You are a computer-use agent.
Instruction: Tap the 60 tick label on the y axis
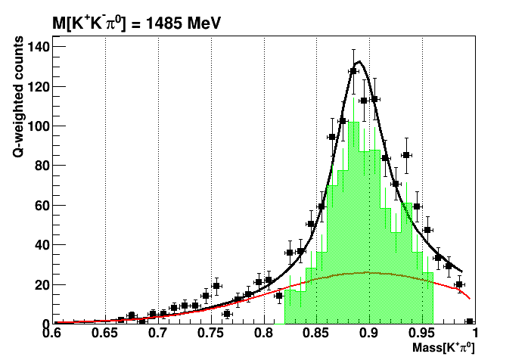[41, 205]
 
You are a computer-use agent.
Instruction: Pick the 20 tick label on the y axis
[41, 284]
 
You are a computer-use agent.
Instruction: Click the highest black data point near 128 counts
[353, 71]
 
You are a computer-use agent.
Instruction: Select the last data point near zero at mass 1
[470, 321]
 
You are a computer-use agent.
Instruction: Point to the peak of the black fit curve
[359, 62]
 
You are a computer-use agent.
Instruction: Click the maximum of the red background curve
[368, 272]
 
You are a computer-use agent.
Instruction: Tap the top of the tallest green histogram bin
[353, 123]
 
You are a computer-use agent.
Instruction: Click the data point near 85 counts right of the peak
[406, 156]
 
